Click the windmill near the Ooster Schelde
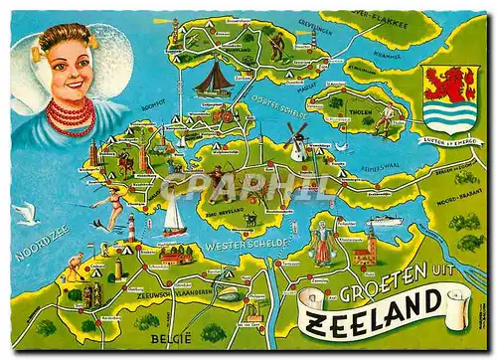295,140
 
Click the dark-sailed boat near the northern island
212,79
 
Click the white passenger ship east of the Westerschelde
382,222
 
